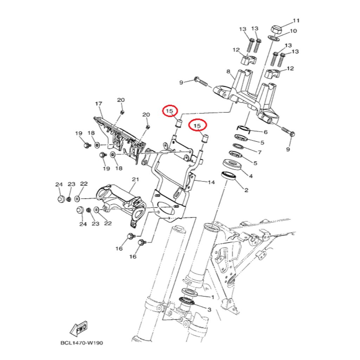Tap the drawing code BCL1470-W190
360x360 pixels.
click(x=82, y=343)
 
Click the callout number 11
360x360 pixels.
click(x=296, y=21)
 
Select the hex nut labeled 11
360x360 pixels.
click(x=275, y=30)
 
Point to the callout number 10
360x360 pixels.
click(x=294, y=31)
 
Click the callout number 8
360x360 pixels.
click(x=228, y=71)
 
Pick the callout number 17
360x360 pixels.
click(x=98, y=104)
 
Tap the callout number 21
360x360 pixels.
click(x=135, y=179)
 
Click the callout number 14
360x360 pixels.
click(x=211, y=182)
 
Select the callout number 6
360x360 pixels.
click(x=266, y=132)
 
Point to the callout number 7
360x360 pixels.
click(x=260, y=152)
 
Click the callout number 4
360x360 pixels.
click(x=251, y=176)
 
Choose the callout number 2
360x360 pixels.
click(x=246, y=190)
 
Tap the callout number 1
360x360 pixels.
click(x=213, y=297)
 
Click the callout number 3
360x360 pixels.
click(x=209, y=310)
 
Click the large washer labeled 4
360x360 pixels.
click(x=233, y=165)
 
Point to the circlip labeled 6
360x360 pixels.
click(x=243, y=129)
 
